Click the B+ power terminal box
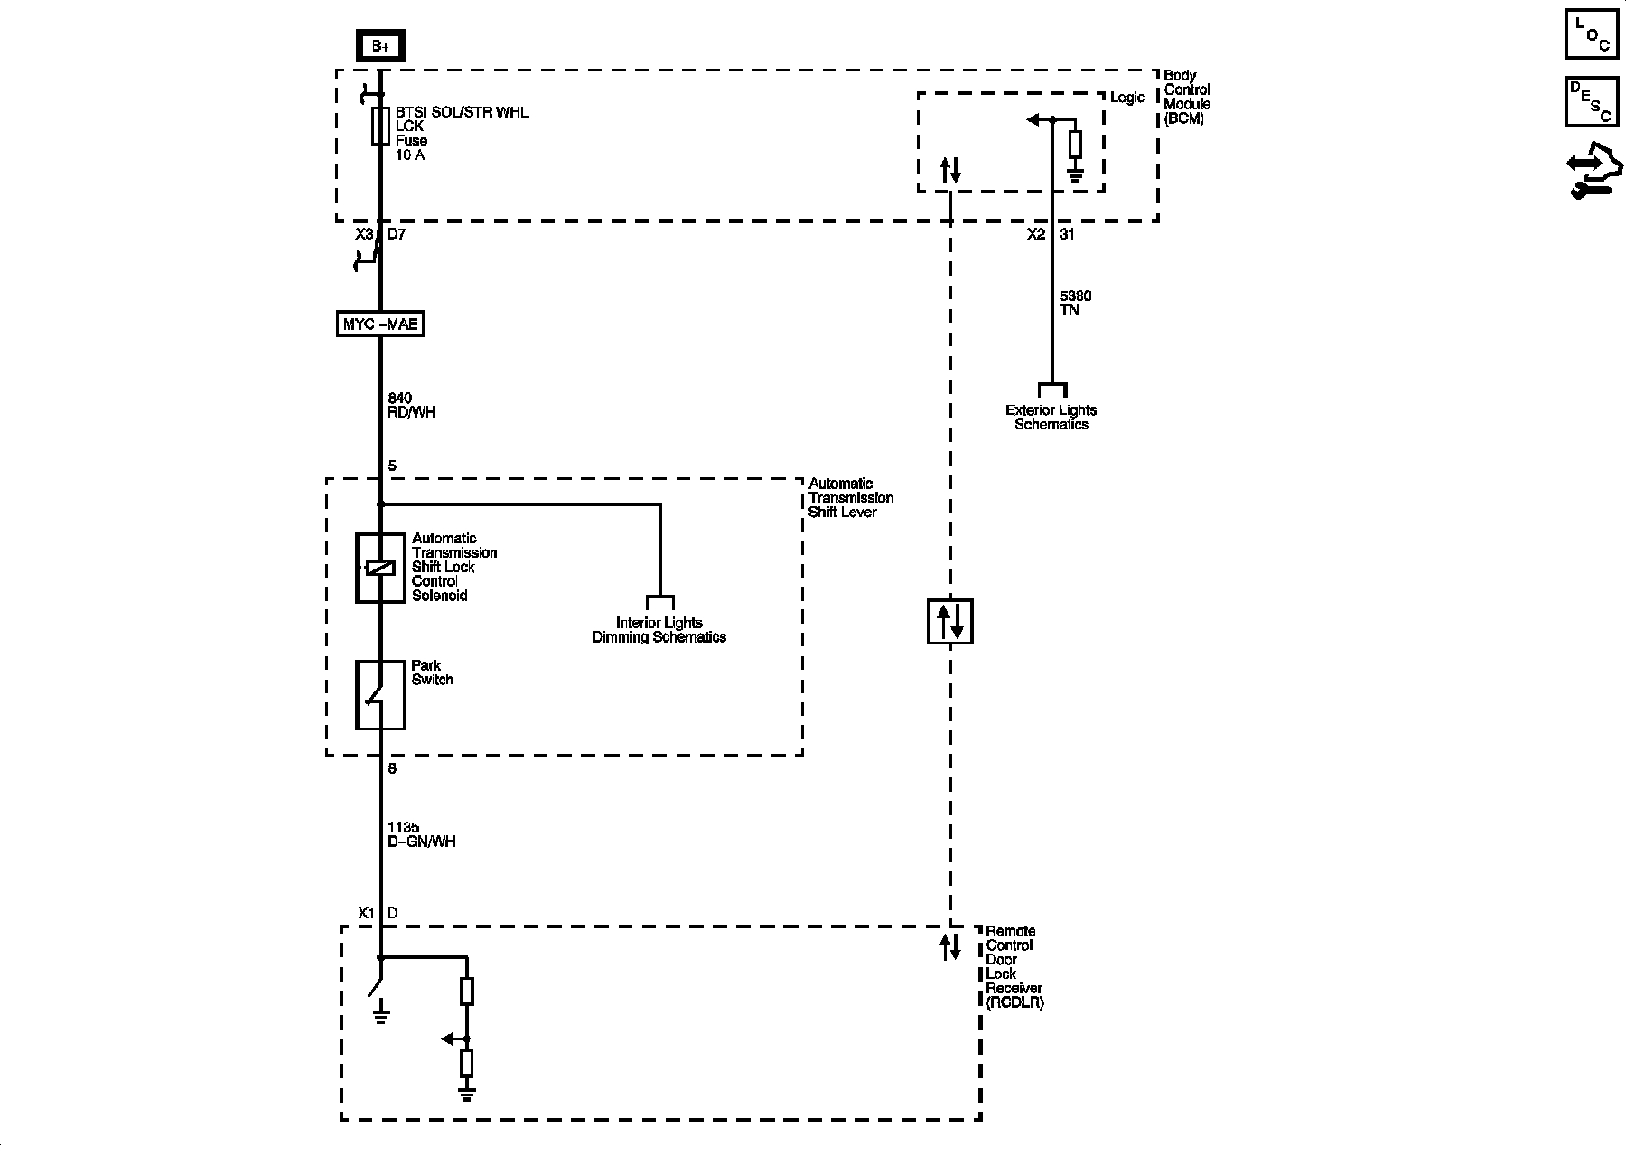pos(380,46)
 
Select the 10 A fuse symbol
pos(380,127)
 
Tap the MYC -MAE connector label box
pos(380,324)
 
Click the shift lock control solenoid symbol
pos(380,568)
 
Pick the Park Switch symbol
pos(380,694)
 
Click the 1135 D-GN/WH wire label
pos(421,834)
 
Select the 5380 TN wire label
pos(1076,303)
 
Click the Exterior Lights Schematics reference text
pos(1051,417)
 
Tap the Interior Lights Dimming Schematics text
pos(659,630)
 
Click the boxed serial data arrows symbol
pos(950,621)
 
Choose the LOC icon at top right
pos(1591,34)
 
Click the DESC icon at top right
pos(1591,101)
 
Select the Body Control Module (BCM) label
pos(1187,98)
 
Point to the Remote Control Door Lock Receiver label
pos(1014,966)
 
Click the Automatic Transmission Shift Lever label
pos(850,498)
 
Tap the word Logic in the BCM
pos(1126,98)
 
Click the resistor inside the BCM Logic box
pos(1075,145)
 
